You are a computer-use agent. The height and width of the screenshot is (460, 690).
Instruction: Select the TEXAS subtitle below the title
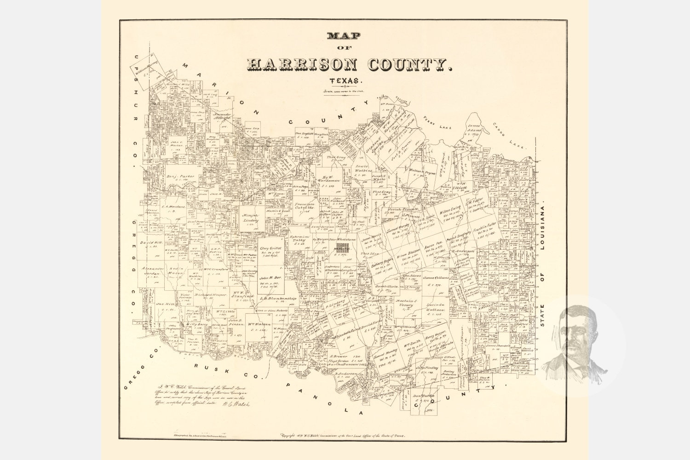(x=346, y=81)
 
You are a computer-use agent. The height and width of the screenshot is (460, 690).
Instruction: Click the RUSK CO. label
(x=211, y=368)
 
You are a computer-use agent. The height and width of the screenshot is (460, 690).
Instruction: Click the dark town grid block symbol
(x=342, y=249)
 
